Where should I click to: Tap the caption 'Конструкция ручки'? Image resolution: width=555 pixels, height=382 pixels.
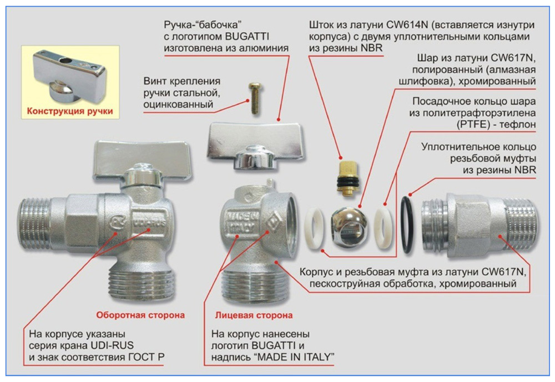coord(70,111)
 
